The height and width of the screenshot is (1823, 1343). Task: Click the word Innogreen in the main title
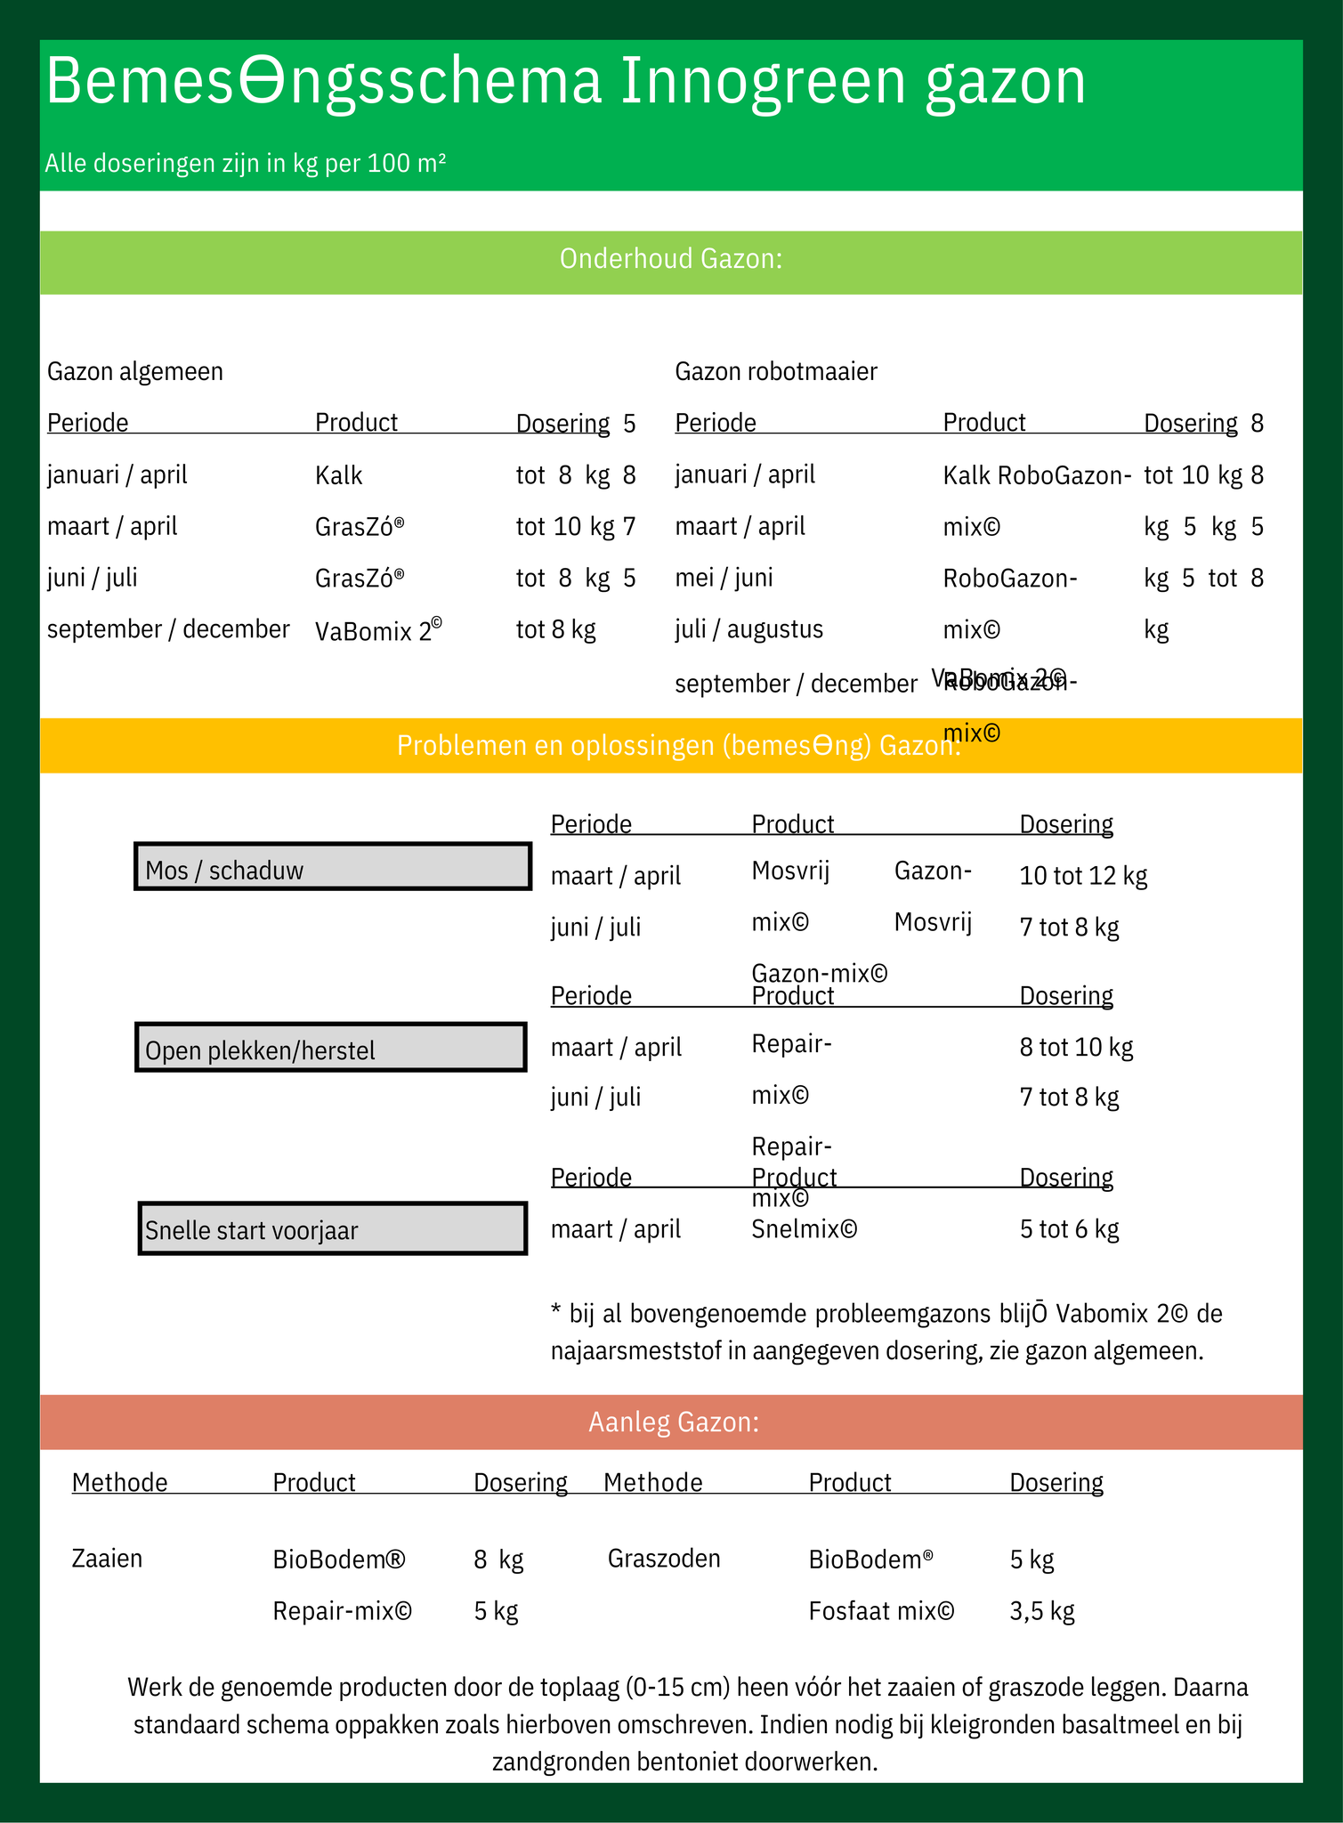click(x=760, y=82)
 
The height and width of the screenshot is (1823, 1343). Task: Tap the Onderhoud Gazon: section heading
click(x=670, y=259)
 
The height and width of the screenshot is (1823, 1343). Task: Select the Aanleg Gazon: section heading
click(x=674, y=1422)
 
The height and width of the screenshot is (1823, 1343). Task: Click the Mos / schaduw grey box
click(x=333, y=866)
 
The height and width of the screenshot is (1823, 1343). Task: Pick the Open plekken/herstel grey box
click(x=330, y=1048)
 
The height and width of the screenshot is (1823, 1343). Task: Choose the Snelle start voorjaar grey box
click(x=333, y=1228)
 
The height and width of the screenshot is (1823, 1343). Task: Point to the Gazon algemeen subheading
click(x=135, y=371)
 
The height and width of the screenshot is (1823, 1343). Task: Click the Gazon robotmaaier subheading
click(x=776, y=371)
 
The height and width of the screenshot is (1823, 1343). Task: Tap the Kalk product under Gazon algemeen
click(x=339, y=475)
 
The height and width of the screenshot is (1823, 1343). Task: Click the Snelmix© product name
click(x=805, y=1229)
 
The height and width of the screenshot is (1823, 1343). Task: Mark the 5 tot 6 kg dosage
click(x=1069, y=1229)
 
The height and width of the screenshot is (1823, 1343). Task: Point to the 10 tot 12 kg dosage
click(x=1083, y=876)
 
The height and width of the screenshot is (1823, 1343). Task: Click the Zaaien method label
click(x=107, y=1559)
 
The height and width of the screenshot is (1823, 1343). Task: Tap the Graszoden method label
click(x=664, y=1559)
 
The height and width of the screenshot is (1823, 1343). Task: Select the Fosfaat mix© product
click(x=881, y=1611)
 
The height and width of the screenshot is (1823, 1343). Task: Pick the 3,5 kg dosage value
click(x=1042, y=1611)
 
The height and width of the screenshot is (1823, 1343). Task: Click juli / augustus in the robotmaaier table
click(x=748, y=629)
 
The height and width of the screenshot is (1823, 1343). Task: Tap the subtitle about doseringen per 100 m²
click(x=246, y=163)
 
